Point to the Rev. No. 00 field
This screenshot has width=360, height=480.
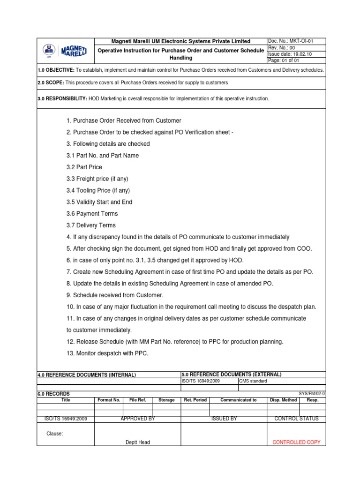(x=282, y=48)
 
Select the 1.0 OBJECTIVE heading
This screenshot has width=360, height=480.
(x=56, y=70)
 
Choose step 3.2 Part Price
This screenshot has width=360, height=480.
(x=84, y=167)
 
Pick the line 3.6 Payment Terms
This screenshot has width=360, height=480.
(x=92, y=214)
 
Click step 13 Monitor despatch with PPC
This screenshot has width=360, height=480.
(x=107, y=353)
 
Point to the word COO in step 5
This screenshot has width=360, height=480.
(x=305, y=248)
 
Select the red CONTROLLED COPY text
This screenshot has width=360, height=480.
(x=296, y=442)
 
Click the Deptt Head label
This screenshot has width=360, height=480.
(x=138, y=442)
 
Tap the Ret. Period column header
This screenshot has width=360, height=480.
(x=195, y=400)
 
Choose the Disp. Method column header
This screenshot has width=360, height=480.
(x=283, y=400)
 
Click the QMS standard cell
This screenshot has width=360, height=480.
(x=253, y=381)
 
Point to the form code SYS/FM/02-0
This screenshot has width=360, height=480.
(x=312, y=394)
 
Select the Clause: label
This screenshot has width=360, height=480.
(x=54, y=434)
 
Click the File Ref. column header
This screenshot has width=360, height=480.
(x=138, y=400)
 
